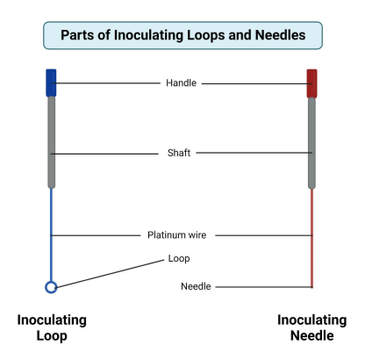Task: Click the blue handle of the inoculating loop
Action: (51, 83)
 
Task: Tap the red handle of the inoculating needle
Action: (311, 83)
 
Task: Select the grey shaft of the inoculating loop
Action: (51, 140)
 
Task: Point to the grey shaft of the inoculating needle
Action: (311, 140)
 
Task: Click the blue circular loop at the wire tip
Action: (51, 287)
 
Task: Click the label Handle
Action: (181, 83)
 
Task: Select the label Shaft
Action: (179, 153)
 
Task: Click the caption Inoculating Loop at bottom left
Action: (50, 328)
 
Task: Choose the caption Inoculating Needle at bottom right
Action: (311, 328)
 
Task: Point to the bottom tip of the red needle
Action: (311, 286)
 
